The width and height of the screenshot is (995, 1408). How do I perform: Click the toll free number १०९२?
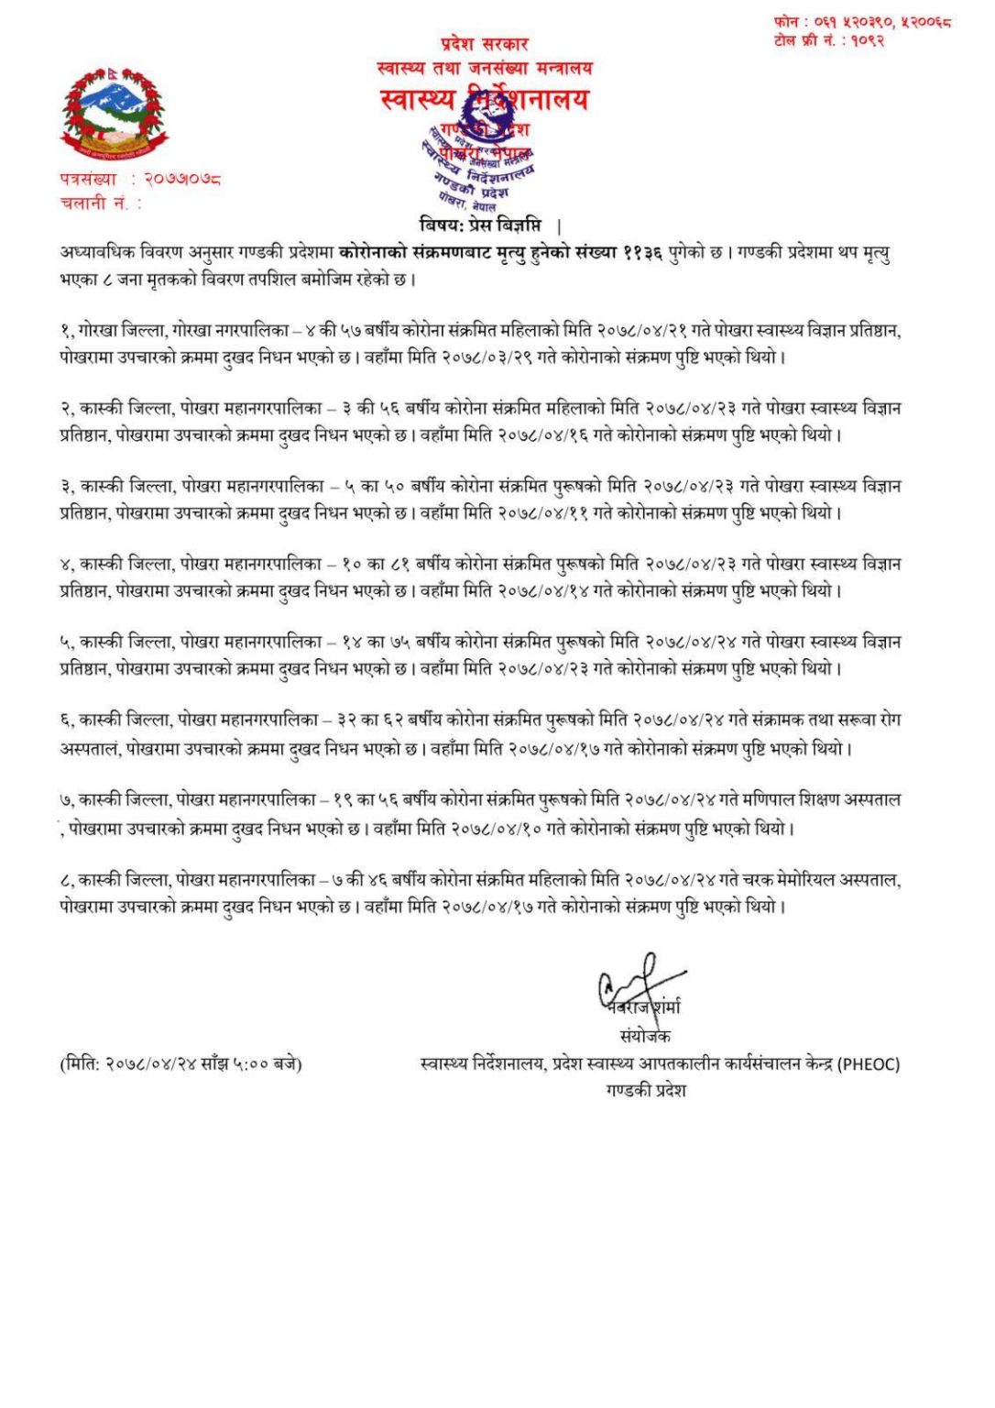point(867,41)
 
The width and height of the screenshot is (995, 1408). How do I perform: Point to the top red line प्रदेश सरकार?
point(485,43)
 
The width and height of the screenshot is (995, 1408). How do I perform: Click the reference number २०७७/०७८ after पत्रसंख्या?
point(182,179)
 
